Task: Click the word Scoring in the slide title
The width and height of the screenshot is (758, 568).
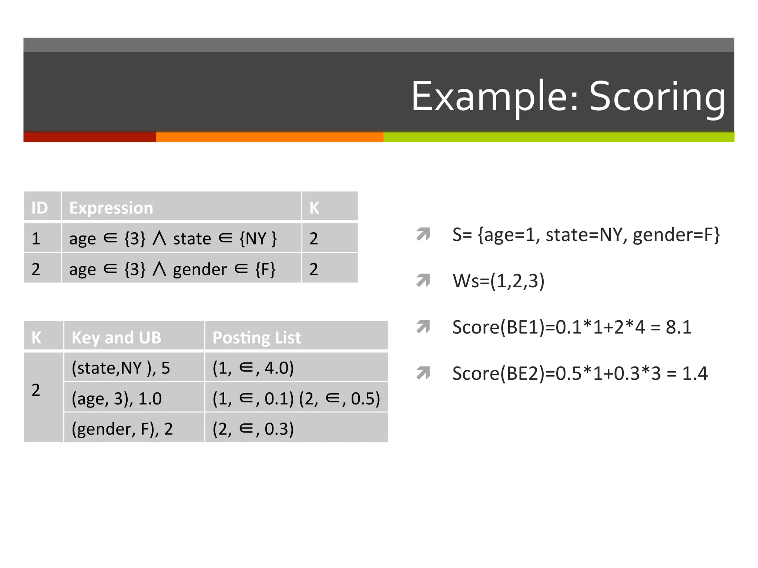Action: (x=657, y=97)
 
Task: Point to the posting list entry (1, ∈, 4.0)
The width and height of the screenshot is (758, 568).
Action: (x=253, y=368)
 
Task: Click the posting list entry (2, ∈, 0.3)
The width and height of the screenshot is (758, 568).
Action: (x=253, y=429)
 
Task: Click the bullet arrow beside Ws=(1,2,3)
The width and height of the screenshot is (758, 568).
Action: (x=423, y=280)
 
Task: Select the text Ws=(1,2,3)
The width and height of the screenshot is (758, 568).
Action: (x=499, y=281)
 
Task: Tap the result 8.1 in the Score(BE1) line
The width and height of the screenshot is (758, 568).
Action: (x=678, y=327)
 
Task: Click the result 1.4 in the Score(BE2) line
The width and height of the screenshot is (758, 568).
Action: (x=694, y=373)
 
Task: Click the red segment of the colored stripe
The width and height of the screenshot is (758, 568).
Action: (x=90, y=137)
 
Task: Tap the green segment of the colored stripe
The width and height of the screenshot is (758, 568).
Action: (x=558, y=137)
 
